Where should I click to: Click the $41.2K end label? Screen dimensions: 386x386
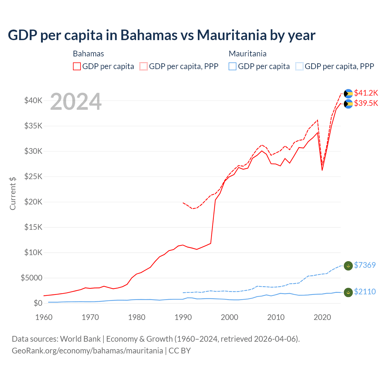[366, 93]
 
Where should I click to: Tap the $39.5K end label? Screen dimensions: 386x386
[366, 103]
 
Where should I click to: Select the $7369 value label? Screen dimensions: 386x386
[365, 265]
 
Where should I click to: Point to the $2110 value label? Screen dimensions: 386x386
[365, 292]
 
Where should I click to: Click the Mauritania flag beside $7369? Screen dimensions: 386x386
[348, 266]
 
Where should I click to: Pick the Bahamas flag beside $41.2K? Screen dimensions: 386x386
[348, 94]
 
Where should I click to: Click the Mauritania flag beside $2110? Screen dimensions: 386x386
[348, 292]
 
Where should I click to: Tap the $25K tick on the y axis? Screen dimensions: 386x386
[33, 176]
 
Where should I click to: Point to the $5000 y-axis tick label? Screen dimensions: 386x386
[31, 278]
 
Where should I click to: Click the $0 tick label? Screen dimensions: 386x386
[38, 303]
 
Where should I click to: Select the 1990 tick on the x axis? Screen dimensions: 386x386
[183, 317]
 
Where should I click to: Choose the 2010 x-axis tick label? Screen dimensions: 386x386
[276, 317]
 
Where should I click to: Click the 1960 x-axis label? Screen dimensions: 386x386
[44, 317]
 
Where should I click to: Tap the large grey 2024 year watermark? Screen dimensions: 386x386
[76, 102]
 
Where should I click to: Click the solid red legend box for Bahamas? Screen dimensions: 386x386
[77, 66]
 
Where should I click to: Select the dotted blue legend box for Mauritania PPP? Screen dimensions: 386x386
[299, 66]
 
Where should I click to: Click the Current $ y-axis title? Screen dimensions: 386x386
[13, 193]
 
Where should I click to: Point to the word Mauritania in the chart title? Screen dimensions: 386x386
[232, 35]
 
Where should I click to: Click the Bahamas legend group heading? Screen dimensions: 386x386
[88, 54]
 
